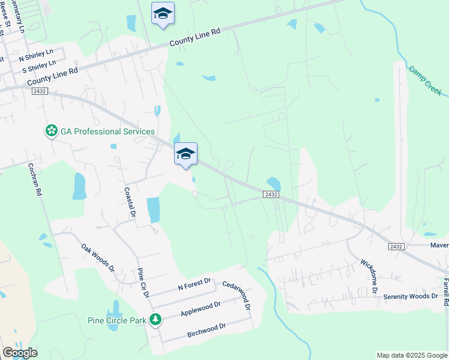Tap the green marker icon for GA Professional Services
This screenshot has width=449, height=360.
coord(52,131)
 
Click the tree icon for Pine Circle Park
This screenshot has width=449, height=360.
coord(156,319)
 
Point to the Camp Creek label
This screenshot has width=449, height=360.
coord(426,80)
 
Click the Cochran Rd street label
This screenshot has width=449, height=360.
coord(40,180)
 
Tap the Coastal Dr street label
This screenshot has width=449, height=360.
coord(129,202)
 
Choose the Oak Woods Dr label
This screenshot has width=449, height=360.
coord(98,257)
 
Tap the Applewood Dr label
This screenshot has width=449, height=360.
coord(200,309)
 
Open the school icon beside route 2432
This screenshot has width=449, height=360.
coord(185,154)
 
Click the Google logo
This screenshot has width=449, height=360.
coord(20,353)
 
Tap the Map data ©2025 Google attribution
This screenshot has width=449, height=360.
coord(411,355)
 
